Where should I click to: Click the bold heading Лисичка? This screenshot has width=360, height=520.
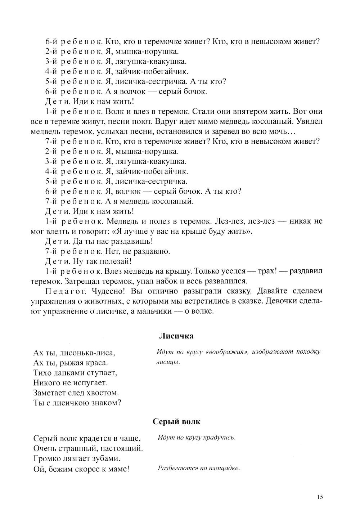(176, 336)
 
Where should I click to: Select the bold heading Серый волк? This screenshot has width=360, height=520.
(176, 421)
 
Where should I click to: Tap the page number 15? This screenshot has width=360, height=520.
(320, 497)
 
